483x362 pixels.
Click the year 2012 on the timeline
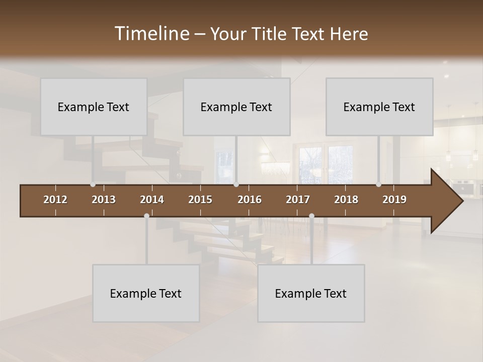click(55, 200)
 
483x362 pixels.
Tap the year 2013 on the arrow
click(104, 200)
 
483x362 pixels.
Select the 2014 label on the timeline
click(152, 200)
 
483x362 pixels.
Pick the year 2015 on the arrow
click(200, 200)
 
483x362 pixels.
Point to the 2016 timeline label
click(250, 200)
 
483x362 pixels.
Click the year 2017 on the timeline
click(298, 200)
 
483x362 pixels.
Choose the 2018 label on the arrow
click(346, 200)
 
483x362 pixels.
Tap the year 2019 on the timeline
click(394, 200)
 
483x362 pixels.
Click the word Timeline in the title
click(151, 34)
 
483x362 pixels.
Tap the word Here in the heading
click(349, 34)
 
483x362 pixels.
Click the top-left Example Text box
click(94, 107)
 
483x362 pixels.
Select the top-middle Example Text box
click(236, 107)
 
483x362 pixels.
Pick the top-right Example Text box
click(379, 107)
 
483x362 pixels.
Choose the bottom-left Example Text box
click(146, 293)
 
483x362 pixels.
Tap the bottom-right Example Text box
click(311, 293)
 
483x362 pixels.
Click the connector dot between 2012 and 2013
click(93, 185)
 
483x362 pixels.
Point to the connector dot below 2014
click(146, 216)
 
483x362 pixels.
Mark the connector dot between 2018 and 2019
click(378, 185)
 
